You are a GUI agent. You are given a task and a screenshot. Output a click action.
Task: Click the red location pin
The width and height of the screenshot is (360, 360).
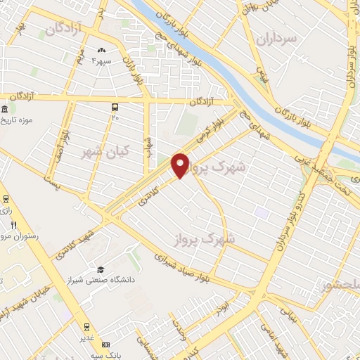coord(181,165)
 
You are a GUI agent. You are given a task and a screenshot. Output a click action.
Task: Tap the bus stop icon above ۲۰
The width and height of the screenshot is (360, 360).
coord(115,107)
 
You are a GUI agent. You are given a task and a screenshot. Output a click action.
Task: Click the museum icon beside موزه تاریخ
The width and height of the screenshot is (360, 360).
coord(6,110)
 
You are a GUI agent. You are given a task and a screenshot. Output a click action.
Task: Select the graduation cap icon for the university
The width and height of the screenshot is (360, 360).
coord(101,270)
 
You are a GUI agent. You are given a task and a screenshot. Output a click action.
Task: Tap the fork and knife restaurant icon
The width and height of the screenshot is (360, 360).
coord(13,225)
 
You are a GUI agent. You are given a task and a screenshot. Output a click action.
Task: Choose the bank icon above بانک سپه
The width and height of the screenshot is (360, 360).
coord(106,345)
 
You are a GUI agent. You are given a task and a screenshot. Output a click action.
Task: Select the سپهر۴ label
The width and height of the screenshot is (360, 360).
coord(102,60)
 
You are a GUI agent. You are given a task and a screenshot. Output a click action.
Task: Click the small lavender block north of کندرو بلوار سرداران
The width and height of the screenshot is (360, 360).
coord(262,212)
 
